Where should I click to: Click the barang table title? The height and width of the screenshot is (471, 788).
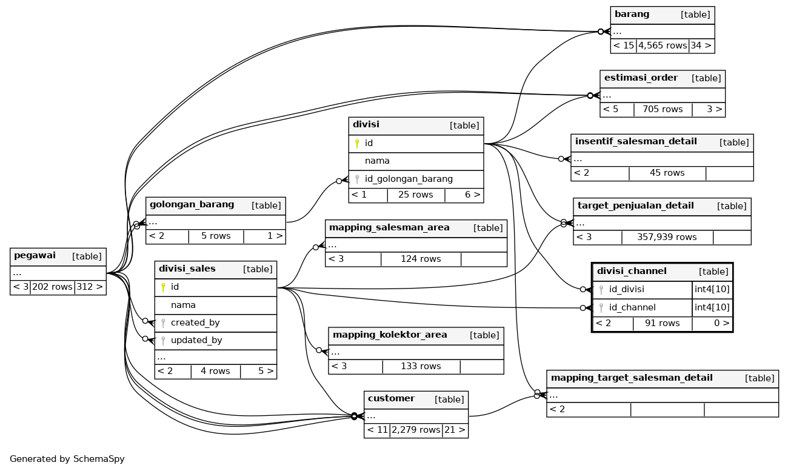click(632, 15)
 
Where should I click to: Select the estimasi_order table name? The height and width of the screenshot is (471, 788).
click(641, 78)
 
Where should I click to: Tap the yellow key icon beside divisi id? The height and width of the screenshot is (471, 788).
click(357, 144)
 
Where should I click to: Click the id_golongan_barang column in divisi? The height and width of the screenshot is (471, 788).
click(409, 179)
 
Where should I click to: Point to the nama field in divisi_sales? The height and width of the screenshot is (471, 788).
click(183, 305)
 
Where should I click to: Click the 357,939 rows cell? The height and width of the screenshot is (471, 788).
click(667, 237)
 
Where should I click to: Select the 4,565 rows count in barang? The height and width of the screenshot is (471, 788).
click(662, 45)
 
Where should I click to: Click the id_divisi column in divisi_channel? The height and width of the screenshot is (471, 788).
click(626, 289)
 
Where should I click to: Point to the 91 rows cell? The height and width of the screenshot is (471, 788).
click(662, 323)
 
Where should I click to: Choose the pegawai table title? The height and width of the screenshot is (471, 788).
click(35, 256)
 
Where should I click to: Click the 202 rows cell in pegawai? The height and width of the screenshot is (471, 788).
click(52, 287)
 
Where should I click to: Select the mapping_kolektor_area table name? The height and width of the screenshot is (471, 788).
click(390, 335)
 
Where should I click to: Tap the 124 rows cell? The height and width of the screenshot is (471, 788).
click(421, 259)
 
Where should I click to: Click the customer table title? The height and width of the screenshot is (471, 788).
click(391, 399)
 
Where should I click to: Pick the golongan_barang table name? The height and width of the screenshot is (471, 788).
click(192, 205)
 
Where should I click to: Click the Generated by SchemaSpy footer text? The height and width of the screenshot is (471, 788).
click(67, 459)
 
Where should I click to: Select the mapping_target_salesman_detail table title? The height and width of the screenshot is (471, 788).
click(632, 378)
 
